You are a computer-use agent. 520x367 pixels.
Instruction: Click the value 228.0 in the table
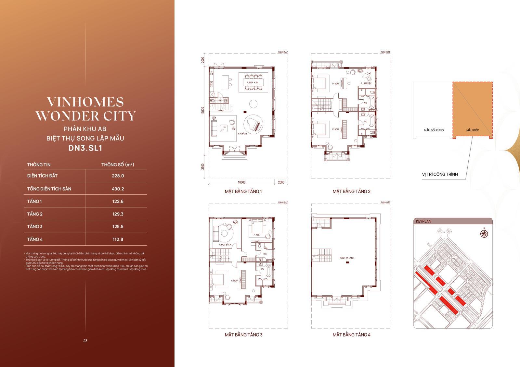click(x=118, y=176)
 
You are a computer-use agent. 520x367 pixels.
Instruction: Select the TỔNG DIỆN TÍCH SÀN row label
click(x=49, y=189)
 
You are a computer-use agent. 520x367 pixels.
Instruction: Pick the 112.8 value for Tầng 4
click(x=118, y=239)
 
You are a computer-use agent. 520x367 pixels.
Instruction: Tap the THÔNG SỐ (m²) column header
click(x=118, y=165)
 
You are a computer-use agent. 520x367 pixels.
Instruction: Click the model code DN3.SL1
click(x=85, y=148)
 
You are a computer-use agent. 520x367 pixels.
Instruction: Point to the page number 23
click(x=85, y=341)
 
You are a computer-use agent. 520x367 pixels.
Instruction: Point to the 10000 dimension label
click(x=241, y=182)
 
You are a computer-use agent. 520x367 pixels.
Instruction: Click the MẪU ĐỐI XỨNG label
click(x=434, y=130)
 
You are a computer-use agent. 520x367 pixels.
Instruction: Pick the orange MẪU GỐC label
click(x=473, y=130)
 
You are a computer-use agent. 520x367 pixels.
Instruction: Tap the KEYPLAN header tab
click(x=423, y=221)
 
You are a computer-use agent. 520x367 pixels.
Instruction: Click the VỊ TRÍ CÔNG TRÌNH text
click(x=440, y=174)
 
